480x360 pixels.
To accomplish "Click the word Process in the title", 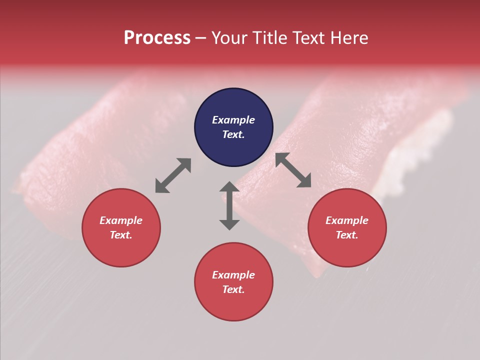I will [157, 38].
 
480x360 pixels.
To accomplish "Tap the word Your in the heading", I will [230, 38].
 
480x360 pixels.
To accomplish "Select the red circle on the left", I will [121, 250].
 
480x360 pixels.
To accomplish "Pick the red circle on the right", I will [347, 250].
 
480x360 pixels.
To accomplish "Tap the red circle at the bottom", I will [233, 305].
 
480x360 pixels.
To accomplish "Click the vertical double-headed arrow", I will [229, 205].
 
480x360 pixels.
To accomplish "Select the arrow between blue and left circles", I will [173, 175].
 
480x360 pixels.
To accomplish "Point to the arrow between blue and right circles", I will [293, 170].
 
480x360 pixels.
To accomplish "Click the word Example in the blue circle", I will [233, 120].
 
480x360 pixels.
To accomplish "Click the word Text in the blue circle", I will [232, 134].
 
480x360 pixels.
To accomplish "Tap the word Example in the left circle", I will [121, 220].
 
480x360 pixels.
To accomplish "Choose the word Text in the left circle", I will [120, 235].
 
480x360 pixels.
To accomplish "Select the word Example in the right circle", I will [347, 220].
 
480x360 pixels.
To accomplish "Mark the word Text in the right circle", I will [346, 235].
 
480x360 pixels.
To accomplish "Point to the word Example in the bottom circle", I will [233, 275].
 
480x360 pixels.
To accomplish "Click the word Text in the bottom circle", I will [232, 289].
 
